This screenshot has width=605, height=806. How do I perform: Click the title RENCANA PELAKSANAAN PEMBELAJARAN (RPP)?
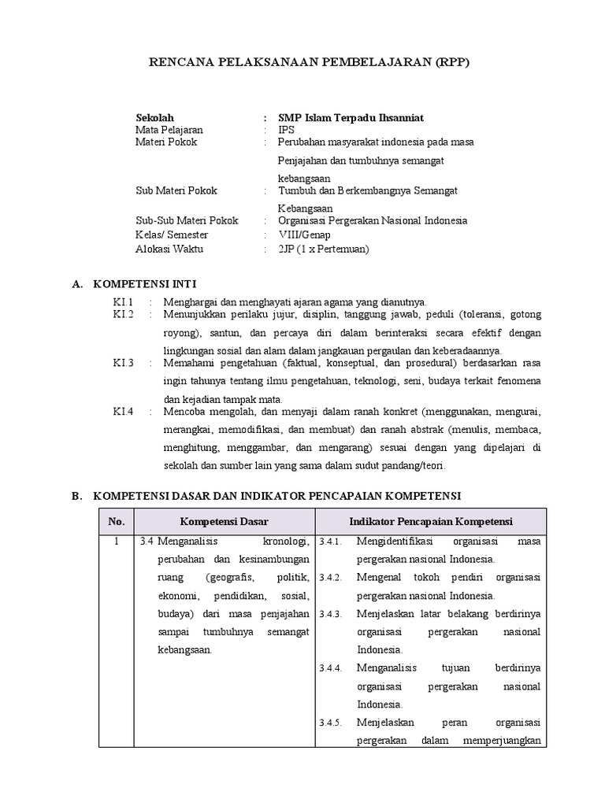[x=310, y=62]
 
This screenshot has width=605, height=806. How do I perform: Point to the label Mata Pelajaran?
[x=169, y=130]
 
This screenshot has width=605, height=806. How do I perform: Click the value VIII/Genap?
[x=305, y=235]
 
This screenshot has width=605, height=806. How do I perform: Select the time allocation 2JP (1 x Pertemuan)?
[x=323, y=249]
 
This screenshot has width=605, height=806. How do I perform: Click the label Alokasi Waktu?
[x=169, y=249]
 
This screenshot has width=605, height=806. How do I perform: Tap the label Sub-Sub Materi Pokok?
[x=187, y=220]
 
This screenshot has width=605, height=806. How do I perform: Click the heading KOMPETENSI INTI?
[x=145, y=283]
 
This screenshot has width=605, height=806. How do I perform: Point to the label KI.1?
[x=124, y=301]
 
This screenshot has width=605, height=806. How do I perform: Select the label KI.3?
[x=124, y=362]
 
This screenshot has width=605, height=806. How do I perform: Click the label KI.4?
[x=124, y=411]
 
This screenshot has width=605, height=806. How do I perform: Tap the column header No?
[x=117, y=521]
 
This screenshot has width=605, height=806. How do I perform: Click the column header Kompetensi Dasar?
[x=225, y=521]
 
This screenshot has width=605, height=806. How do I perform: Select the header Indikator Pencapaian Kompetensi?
[x=431, y=521]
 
